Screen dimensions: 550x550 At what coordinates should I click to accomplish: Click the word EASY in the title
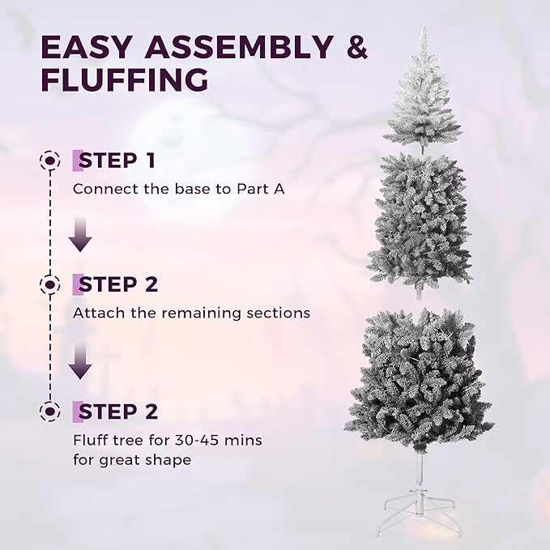84,47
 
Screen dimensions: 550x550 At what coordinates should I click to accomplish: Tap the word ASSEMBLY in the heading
232,47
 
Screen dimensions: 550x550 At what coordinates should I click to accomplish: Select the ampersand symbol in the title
356,47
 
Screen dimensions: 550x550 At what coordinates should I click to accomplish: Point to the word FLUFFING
123,80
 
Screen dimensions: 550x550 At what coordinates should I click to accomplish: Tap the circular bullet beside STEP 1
50,160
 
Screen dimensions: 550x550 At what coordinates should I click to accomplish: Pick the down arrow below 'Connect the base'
79,235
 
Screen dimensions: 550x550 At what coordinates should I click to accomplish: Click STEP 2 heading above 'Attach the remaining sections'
117,284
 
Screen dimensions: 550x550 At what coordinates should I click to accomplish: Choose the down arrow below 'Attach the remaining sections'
79,363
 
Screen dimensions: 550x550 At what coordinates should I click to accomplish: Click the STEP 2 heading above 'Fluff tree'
117,411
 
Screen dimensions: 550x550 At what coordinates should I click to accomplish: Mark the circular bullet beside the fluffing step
50,411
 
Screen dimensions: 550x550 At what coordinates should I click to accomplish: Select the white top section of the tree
422,101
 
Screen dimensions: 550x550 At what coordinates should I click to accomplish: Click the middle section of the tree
420,219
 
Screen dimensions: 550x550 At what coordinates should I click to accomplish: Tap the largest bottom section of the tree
420,381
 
